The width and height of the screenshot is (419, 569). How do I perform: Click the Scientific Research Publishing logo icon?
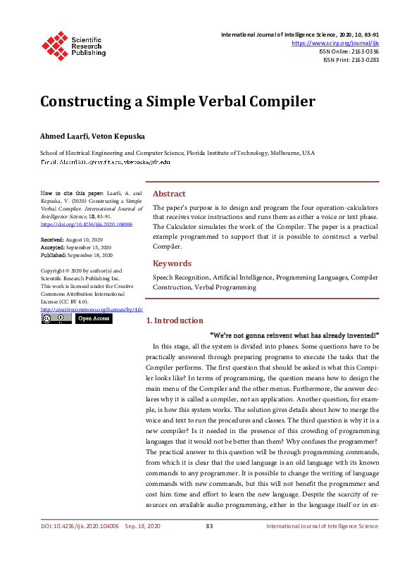click(56, 44)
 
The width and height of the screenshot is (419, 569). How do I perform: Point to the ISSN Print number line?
click(351, 60)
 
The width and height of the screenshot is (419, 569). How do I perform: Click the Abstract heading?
click(169, 194)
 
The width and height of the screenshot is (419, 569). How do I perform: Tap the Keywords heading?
click(172, 263)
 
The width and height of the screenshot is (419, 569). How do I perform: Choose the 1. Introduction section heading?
click(174, 320)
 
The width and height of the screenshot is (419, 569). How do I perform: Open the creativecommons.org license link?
click(92, 309)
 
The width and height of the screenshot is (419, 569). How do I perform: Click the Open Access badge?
click(94, 318)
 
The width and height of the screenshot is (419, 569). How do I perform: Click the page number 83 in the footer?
click(209, 527)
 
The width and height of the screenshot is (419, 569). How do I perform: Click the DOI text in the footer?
click(79, 527)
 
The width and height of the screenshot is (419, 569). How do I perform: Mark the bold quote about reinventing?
click(294, 334)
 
